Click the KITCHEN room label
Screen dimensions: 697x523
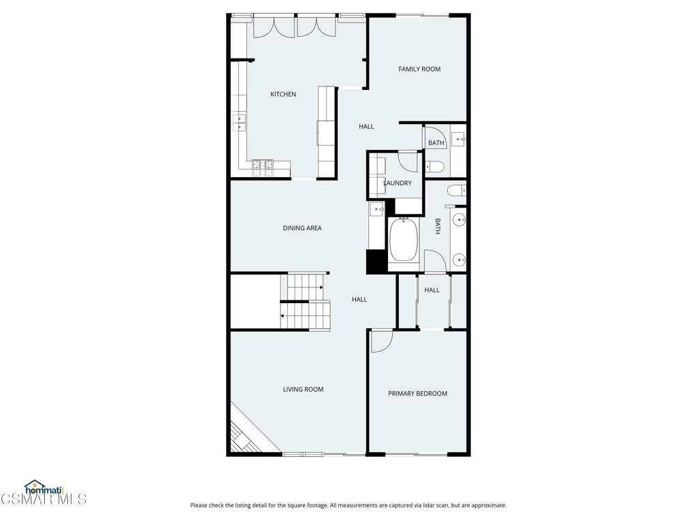click(x=283, y=94)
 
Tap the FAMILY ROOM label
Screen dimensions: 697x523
click(x=419, y=69)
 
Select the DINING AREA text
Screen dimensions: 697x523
click(x=302, y=228)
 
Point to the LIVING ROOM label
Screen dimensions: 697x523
click(x=303, y=389)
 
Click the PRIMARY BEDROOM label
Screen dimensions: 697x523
click(x=417, y=394)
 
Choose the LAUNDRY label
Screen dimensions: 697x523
click(x=398, y=183)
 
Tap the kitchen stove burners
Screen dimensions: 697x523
click(x=263, y=168)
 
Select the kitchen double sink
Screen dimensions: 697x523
click(x=239, y=123)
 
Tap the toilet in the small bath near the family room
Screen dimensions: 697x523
click(x=435, y=167)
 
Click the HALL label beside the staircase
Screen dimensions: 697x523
click(x=359, y=300)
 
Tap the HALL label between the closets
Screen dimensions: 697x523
click(x=432, y=290)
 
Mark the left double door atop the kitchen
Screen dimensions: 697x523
click(x=274, y=27)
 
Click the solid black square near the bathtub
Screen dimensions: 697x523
click(x=376, y=262)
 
